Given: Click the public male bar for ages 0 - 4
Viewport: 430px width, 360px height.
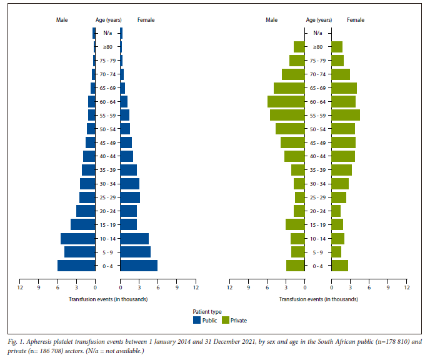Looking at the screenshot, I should pyautogui.click(x=76, y=266).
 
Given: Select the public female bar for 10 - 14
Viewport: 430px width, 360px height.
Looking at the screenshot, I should pyautogui.click(x=134, y=238).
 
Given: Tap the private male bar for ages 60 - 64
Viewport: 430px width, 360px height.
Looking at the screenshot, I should pyautogui.click(x=286, y=101).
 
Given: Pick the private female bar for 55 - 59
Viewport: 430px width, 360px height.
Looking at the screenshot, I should pyautogui.click(x=346, y=115).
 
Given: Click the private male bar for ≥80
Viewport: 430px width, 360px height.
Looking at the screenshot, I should pyautogui.click(x=299, y=47).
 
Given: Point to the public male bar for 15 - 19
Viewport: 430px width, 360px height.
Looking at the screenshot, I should pyautogui.click(x=83, y=224).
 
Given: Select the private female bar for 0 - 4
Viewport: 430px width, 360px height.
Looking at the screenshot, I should pyautogui.click(x=339, y=266).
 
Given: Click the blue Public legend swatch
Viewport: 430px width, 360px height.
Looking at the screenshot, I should pyautogui.click(x=197, y=320).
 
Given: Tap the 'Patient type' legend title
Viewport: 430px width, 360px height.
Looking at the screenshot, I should pyautogui.click(x=207, y=311).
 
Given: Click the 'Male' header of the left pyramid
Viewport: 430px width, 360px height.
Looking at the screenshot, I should pyautogui.click(x=62, y=20).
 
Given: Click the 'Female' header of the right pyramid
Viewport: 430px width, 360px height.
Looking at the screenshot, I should pyautogui.click(x=355, y=20).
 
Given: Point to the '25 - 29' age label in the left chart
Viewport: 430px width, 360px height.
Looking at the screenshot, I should pyautogui.click(x=107, y=197).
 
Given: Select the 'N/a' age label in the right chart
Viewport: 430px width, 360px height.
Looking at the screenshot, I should pyautogui.click(x=318, y=33).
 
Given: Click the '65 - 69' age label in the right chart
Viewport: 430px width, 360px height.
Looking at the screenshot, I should pyautogui.click(x=318, y=88).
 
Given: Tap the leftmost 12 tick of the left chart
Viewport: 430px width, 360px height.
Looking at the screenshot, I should pyautogui.click(x=20, y=287).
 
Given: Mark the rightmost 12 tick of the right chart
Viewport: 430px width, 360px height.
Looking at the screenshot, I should pyautogui.click(x=406, y=287).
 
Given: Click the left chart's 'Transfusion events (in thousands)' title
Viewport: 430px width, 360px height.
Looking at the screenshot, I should pyautogui.click(x=107, y=299).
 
